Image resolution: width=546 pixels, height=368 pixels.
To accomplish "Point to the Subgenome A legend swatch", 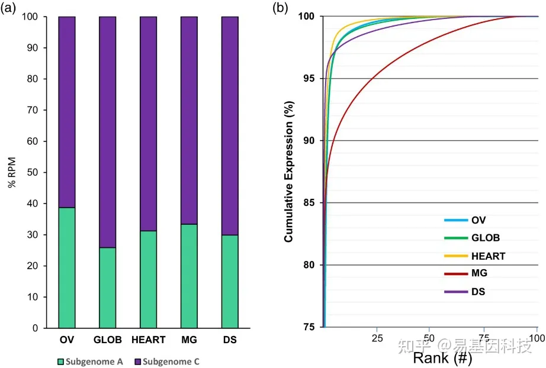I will [x=60, y=361].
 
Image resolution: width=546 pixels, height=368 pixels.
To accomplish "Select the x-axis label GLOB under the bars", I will [x=107, y=340].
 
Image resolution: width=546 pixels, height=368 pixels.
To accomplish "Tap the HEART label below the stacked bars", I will [x=148, y=340].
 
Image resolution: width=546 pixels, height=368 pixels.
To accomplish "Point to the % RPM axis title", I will [x=12, y=172].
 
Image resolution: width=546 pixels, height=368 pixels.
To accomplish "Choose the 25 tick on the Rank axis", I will [x=377, y=337].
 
